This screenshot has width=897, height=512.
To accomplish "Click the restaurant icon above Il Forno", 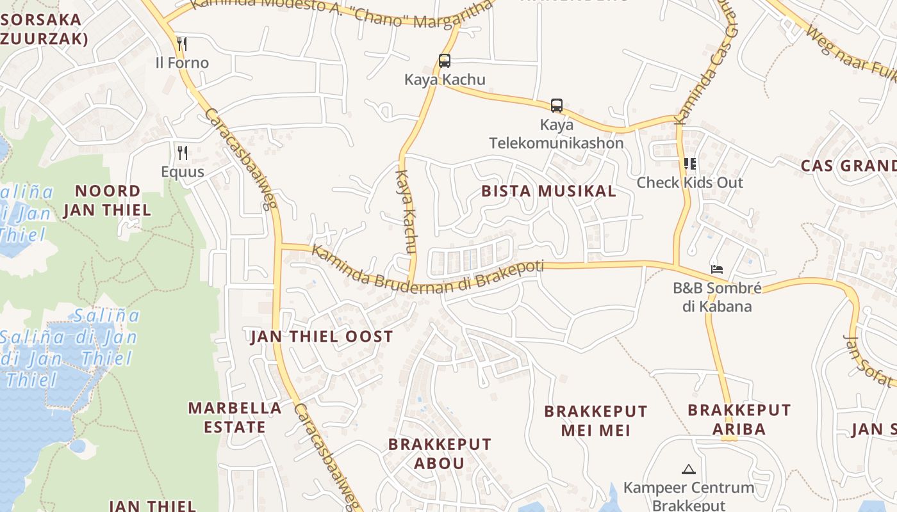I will coord(183,44).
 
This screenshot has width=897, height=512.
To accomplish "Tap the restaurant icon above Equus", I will coord(183,152).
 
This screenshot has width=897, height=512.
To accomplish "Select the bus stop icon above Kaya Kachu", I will coord(445,61).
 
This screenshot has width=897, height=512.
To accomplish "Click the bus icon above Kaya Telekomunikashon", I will coord(557,106).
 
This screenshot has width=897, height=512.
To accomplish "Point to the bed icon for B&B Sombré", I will coord(717,269).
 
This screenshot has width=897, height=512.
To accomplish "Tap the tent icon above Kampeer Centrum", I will coord(689,469).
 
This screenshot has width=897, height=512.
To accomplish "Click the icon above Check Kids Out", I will coord(690,164).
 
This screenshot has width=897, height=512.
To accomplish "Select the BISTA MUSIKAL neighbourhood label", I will coord(548,191).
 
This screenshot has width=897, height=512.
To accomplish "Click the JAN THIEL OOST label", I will coord(322,337).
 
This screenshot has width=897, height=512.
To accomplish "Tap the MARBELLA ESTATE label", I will coord(235,417).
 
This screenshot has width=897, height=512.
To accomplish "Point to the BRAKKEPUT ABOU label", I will coord(440,453).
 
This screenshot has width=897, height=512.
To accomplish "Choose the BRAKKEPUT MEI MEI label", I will coord(596,420).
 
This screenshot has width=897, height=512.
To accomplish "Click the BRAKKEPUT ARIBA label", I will coord(739,419).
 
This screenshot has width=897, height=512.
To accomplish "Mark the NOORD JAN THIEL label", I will coord(108,200).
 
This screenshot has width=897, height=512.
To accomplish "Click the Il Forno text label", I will coord(183,63).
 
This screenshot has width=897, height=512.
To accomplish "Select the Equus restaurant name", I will coord(183,172).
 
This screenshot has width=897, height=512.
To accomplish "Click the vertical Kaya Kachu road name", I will coord(407,211).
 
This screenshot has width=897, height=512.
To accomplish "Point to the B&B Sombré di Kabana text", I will coord(717,297).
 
